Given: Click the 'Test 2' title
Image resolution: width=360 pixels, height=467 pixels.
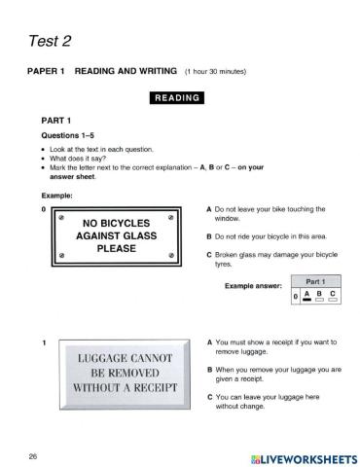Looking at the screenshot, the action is [x=47, y=41].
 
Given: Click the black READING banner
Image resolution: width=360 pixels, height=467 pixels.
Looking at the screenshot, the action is [x=176, y=97].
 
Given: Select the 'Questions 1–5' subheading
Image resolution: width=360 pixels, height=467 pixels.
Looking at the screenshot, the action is [x=68, y=134].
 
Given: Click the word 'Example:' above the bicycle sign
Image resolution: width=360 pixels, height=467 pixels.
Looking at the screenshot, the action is [x=57, y=195].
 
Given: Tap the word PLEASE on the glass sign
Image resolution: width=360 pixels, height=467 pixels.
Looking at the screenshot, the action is [x=115, y=247].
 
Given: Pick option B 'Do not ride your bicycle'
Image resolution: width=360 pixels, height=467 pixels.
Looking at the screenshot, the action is [x=270, y=236].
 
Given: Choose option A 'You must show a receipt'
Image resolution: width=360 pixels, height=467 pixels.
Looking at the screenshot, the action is [x=270, y=347].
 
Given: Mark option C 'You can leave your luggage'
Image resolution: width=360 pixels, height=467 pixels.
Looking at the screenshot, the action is [x=263, y=402].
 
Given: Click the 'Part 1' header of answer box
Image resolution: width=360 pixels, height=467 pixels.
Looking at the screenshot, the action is [x=315, y=280].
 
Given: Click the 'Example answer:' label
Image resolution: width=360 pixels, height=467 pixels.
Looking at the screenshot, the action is [x=253, y=287].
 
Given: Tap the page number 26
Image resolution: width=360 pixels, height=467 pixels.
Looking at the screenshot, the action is [x=32, y=455].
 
